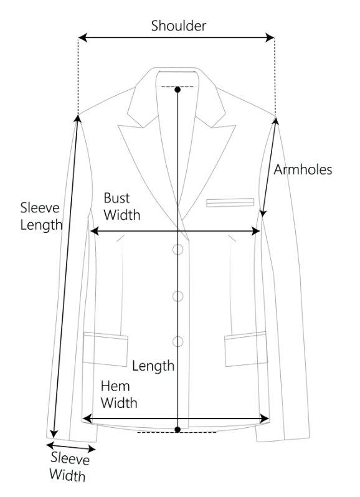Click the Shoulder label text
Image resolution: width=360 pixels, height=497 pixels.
(x=178, y=26)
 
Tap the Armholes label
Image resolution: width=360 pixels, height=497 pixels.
(x=303, y=169)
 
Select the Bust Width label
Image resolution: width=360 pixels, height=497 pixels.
(x=121, y=206)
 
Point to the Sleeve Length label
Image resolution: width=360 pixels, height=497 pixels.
(x=41, y=216)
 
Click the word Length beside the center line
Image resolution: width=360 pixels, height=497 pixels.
(x=153, y=366)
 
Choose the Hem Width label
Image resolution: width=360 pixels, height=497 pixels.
(x=119, y=395)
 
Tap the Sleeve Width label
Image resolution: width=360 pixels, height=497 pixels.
(x=69, y=467)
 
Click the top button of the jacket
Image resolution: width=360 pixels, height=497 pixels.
(x=178, y=250)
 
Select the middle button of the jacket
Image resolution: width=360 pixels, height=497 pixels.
(x=178, y=296)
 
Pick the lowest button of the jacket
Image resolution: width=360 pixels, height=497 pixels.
(x=178, y=342)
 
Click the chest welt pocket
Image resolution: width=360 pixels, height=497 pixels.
(x=230, y=202)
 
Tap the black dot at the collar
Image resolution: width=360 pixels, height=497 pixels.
(x=178, y=90)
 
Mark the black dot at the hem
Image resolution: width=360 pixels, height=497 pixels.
(x=178, y=430)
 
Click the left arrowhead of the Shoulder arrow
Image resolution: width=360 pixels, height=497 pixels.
(x=82, y=38)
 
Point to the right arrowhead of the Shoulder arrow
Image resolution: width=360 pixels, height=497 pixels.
(x=270, y=38)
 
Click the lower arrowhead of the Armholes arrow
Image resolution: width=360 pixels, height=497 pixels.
(x=263, y=213)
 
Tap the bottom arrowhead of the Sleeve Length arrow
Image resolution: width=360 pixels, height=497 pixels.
(x=54, y=433)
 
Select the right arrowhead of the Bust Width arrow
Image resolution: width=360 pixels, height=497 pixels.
(x=256, y=232)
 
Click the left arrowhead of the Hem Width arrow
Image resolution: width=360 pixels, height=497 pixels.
(x=87, y=419)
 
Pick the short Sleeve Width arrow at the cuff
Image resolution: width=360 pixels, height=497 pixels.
(x=71, y=447)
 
